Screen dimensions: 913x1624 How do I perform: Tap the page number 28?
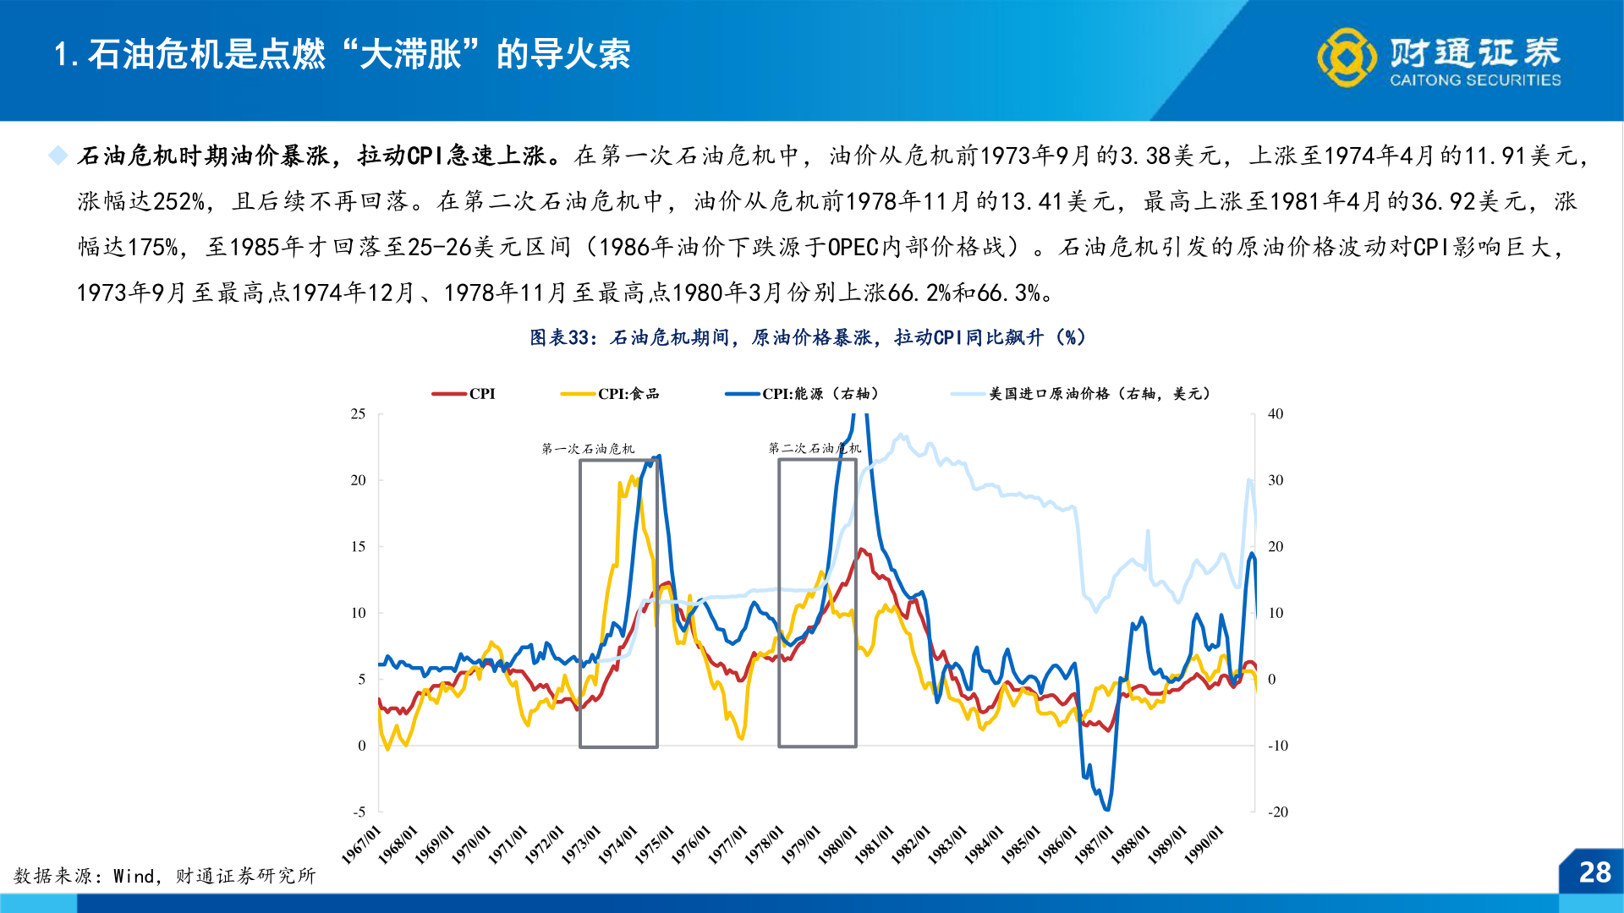(x=1594, y=872)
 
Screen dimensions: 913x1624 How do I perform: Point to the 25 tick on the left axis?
(x=359, y=413)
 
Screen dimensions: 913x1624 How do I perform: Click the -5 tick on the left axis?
(x=359, y=812)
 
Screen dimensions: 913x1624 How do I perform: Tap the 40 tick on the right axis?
(x=1276, y=413)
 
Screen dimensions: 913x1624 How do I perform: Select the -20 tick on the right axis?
(x=1277, y=812)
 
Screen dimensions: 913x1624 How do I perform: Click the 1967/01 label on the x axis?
(x=362, y=845)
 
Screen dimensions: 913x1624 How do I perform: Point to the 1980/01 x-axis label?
(x=838, y=845)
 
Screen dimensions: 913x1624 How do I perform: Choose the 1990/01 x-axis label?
(x=1204, y=845)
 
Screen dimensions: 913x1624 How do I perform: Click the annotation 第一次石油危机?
(x=588, y=449)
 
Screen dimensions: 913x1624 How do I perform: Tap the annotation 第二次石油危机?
(x=815, y=448)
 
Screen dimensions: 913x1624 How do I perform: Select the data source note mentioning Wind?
(x=165, y=876)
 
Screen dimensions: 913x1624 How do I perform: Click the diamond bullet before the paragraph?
(x=58, y=156)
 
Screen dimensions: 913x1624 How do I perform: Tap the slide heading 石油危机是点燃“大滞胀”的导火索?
(x=343, y=55)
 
